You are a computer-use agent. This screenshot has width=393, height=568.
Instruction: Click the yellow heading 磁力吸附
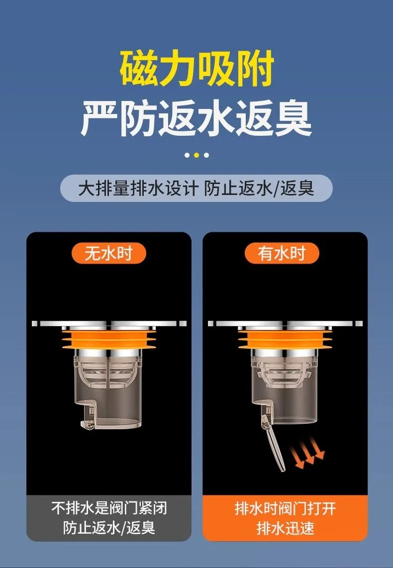click(196, 69)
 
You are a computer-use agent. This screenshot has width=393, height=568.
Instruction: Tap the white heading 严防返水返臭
click(196, 119)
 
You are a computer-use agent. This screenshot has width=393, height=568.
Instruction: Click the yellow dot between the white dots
click(196, 155)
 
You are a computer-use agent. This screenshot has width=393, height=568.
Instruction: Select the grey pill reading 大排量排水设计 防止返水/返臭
click(196, 188)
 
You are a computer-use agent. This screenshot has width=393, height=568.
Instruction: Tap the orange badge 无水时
click(108, 253)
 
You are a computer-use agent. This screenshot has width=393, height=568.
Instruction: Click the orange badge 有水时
click(282, 253)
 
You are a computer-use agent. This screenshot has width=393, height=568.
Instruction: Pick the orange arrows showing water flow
click(307, 457)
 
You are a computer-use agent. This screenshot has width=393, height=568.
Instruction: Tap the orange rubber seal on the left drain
click(108, 338)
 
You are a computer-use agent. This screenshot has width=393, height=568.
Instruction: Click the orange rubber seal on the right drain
click(285, 338)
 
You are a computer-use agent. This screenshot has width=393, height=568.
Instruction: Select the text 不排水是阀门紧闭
click(108, 508)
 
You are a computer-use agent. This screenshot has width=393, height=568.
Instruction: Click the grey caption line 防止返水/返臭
click(109, 527)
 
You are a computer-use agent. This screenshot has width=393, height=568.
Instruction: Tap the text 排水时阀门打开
click(285, 508)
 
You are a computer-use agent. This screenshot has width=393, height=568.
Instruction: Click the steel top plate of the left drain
click(109, 323)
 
